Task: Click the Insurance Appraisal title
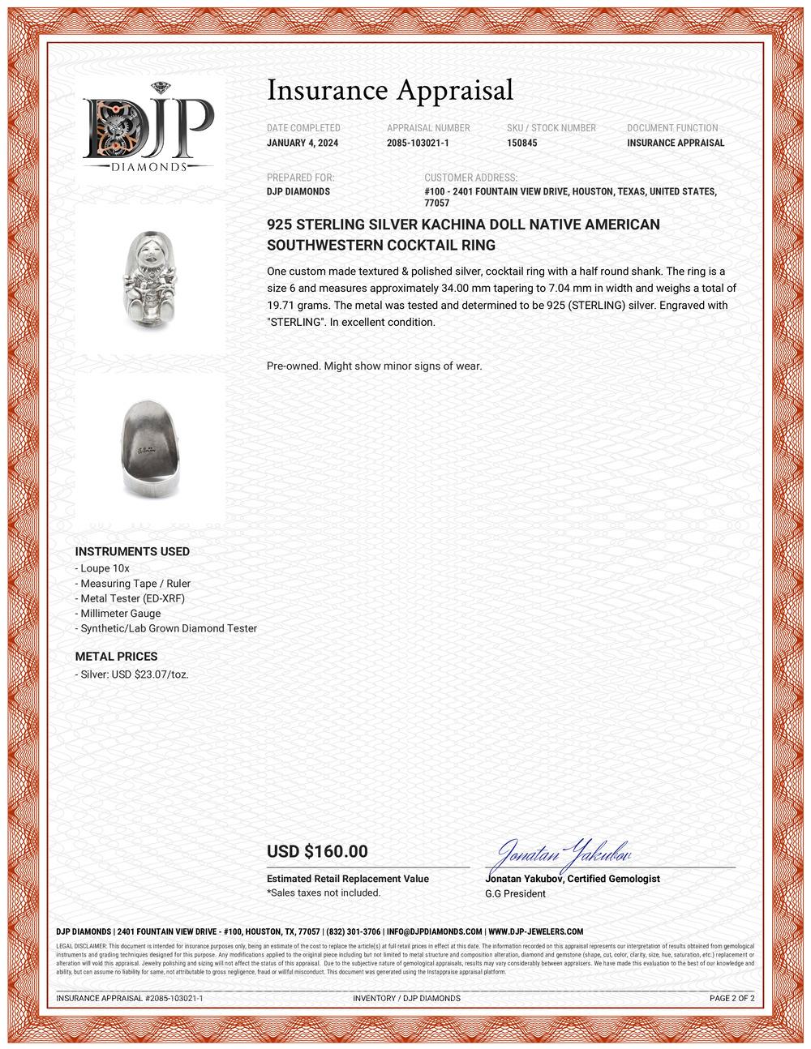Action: [x=390, y=90]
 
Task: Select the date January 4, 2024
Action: [x=303, y=143]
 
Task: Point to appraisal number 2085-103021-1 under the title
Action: [x=418, y=143]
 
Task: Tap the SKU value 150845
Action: [x=521, y=143]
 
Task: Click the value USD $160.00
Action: [x=317, y=851]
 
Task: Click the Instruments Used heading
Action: [x=132, y=552]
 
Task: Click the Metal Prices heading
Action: [x=116, y=657]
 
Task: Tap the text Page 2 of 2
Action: [x=732, y=998]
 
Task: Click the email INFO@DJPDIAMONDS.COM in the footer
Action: [x=434, y=931]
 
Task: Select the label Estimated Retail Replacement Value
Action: [x=348, y=879]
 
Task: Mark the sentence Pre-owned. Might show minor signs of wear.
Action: [x=374, y=366]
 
